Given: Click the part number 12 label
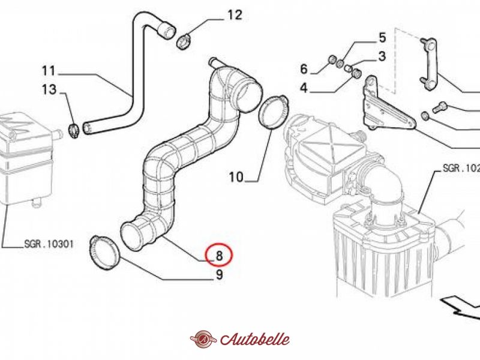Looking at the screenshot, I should pos(235,15).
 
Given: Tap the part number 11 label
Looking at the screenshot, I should pos(49,70).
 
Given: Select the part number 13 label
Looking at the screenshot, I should pos(49,91).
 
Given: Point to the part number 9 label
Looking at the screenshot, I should pos(220,275).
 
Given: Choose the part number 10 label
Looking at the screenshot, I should pos(236,177).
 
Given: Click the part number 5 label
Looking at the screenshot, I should pos(381,39).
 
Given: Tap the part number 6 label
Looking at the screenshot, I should pos(304,68).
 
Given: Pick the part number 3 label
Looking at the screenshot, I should pos(381,57).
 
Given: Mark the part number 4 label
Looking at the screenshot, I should pos(304,88).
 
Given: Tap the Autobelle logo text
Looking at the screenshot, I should pos(254,339).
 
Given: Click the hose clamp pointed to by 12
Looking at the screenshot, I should pos(184,41).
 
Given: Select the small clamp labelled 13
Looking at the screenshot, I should pos(74,127).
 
